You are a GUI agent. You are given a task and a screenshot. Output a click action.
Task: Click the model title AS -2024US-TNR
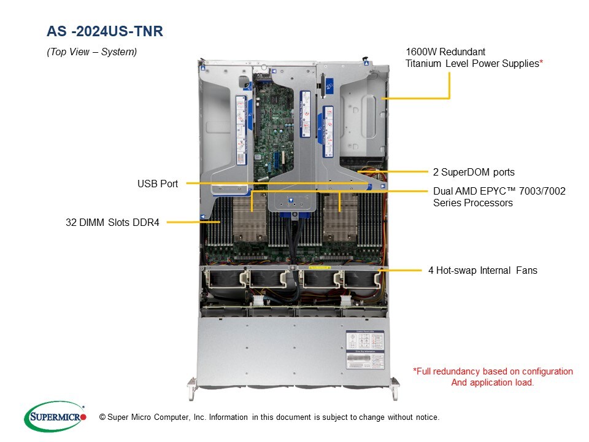point(105,31)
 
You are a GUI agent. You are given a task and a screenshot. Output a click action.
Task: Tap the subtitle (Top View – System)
point(91,52)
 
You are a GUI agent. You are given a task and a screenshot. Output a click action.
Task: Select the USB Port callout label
point(158,184)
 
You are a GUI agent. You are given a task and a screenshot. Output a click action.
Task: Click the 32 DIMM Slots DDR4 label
point(112,222)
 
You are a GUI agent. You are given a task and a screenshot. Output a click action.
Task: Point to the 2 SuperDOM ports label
point(474,172)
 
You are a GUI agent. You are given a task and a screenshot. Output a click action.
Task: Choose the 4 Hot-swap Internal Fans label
point(483,270)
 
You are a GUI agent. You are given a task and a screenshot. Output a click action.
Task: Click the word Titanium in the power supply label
point(423,63)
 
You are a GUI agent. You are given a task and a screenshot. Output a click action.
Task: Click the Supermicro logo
point(55,416)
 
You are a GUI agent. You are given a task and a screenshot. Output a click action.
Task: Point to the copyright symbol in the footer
point(102,417)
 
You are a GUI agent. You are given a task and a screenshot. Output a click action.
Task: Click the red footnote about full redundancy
point(493,377)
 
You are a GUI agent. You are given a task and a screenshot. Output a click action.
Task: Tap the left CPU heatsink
point(250,217)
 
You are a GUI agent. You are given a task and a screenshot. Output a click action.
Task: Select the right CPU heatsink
point(341,217)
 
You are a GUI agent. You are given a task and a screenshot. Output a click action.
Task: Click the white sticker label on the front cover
point(365,350)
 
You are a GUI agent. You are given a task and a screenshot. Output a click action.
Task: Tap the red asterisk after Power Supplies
point(541,61)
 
